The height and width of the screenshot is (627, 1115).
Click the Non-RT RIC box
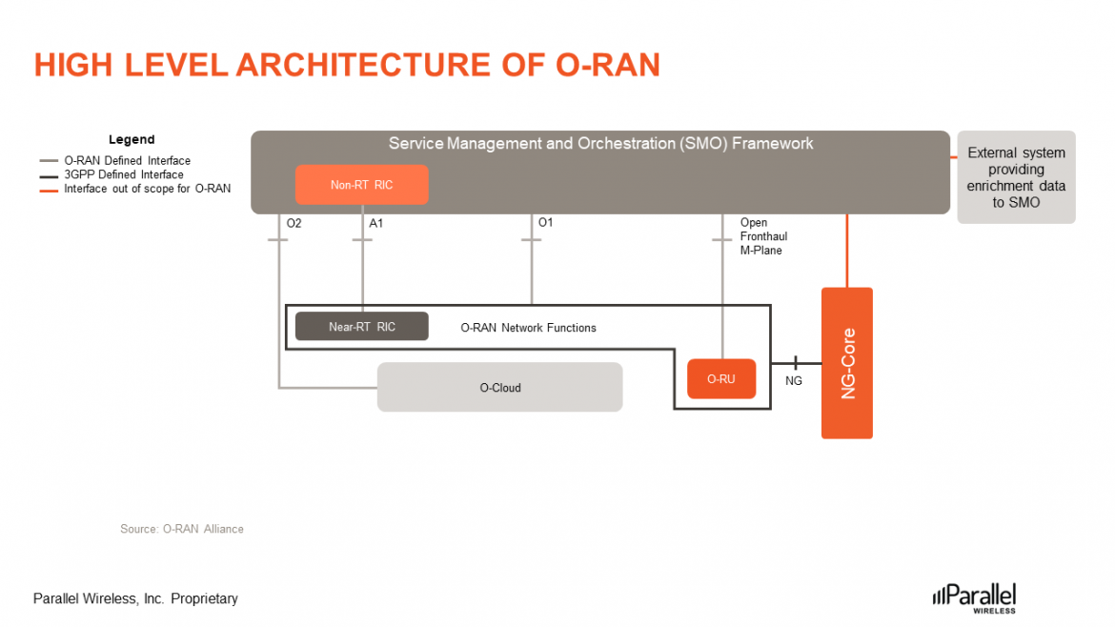pyautogui.click(x=361, y=185)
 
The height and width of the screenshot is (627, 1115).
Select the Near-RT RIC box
pyautogui.click(x=361, y=327)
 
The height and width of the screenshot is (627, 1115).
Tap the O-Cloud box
pyautogui.click(x=499, y=388)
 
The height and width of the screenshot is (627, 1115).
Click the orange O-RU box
pyautogui.click(x=721, y=379)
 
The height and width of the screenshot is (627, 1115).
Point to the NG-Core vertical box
pyautogui.click(x=847, y=363)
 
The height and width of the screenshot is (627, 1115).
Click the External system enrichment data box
pyautogui.click(x=1016, y=177)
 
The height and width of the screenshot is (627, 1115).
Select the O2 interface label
pyautogui.click(x=294, y=223)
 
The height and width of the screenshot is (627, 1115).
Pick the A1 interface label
pyautogui.click(x=376, y=223)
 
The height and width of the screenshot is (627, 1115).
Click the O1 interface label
pyautogui.click(x=545, y=223)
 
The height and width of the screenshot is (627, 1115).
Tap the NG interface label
pyautogui.click(x=794, y=380)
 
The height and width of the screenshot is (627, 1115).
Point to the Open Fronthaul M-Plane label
pyautogui.click(x=763, y=236)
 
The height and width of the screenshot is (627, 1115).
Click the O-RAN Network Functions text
pyautogui.click(x=528, y=328)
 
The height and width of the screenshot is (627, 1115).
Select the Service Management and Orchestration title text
pyautogui.click(x=600, y=144)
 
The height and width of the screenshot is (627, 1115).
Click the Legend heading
pyautogui.click(x=132, y=140)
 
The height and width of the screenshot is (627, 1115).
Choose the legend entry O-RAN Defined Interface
pyautogui.click(x=127, y=161)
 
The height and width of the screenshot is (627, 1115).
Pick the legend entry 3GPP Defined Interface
pyautogui.click(x=124, y=175)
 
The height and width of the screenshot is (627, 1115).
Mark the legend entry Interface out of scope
pyautogui.click(x=147, y=189)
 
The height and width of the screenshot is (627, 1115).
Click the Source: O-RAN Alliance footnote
pyautogui.click(x=181, y=529)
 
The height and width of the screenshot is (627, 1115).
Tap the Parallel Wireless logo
pyautogui.click(x=974, y=596)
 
